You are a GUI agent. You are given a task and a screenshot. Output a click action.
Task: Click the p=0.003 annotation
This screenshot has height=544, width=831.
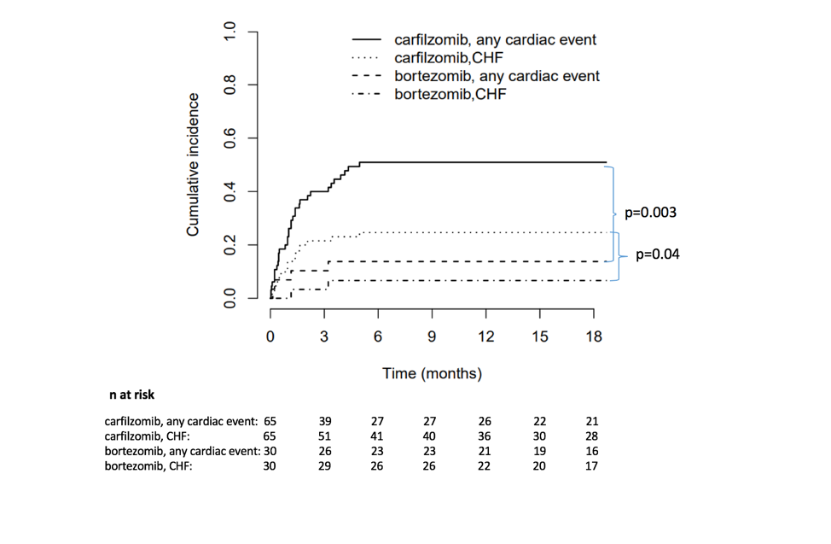pyautogui.click(x=650, y=211)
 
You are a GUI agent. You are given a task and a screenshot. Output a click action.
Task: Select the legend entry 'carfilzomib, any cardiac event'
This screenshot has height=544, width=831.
pyautogui.click(x=494, y=39)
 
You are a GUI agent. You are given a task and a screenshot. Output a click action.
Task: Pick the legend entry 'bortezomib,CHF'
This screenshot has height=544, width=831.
pyautogui.click(x=450, y=94)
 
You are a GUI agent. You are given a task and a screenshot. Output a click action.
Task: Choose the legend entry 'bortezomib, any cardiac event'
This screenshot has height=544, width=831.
pyautogui.click(x=496, y=76)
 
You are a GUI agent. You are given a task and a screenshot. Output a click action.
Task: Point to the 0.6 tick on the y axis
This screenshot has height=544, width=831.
pyautogui.click(x=229, y=138)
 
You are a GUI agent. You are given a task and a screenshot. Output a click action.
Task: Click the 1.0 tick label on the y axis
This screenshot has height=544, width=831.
pyautogui.click(x=229, y=32)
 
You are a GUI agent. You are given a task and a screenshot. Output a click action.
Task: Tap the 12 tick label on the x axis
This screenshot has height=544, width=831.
pyautogui.click(x=485, y=337)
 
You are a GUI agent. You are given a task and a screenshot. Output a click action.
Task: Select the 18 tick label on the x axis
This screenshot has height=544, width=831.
pyautogui.click(x=592, y=337)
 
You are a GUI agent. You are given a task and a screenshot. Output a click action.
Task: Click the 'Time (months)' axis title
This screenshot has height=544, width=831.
pyautogui.click(x=432, y=373)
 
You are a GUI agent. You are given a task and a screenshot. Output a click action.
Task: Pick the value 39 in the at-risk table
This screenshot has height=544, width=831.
pyautogui.click(x=324, y=421)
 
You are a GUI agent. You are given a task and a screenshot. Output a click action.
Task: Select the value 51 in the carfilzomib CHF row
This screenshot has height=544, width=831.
pyautogui.click(x=324, y=436)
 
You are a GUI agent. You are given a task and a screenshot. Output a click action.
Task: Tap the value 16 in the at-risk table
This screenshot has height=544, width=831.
pyautogui.click(x=592, y=451)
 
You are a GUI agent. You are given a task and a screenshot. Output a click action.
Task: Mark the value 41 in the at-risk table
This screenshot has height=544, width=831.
pyautogui.click(x=378, y=436)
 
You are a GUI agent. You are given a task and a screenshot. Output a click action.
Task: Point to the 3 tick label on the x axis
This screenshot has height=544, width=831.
pyautogui.click(x=324, y=337)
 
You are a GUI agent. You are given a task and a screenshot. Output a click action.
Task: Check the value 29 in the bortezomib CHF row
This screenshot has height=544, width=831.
pyautogui.click(x=324, y=466)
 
